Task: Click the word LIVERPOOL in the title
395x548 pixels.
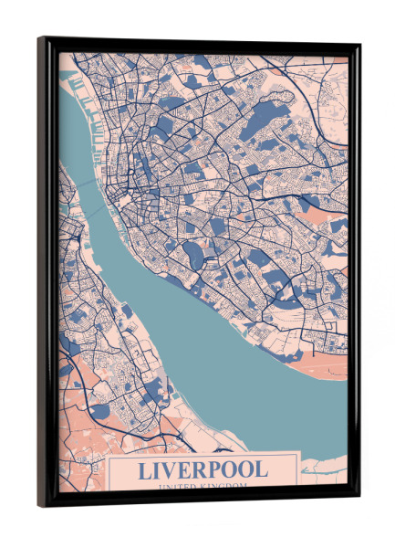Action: coord(203,469)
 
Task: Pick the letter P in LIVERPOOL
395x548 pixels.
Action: coord(216,469)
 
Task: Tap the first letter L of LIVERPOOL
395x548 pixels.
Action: coord(144,469)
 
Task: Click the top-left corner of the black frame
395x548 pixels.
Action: coord(39,38)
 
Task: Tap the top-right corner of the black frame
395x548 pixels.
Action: coord(359,45)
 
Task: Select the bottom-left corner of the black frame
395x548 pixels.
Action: coord(39,505)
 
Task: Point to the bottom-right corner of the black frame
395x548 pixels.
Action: coord(359,499)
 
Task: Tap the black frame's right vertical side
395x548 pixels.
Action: coord(355,274)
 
